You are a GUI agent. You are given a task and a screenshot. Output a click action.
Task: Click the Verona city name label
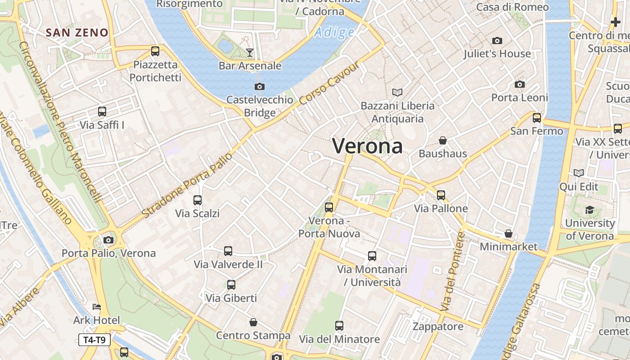[367, 146]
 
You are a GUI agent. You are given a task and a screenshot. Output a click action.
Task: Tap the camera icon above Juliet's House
[497, 40]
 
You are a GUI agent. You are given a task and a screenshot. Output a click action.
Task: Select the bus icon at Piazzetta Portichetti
[155, 51]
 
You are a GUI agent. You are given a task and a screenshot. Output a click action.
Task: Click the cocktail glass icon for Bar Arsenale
[250, 53]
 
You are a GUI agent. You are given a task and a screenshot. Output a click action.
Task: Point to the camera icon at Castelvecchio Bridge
[260, 86]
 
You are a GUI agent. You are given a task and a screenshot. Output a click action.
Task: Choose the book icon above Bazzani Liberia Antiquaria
[397, 92]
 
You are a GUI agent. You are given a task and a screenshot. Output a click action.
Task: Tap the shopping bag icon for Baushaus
[443, 140]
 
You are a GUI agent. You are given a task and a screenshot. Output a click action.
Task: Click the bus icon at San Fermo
[537, 118]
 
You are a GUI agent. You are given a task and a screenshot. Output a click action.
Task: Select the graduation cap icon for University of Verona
[589, 210]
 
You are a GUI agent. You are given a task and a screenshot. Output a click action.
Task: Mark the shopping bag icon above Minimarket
[508, 234]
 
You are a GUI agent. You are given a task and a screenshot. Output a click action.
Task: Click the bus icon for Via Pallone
[441, 195]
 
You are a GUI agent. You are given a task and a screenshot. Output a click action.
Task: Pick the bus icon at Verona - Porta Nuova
[329, 207]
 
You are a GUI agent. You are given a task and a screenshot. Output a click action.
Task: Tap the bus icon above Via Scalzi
[198, 200]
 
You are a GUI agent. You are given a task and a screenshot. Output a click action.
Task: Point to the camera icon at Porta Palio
[108, 240]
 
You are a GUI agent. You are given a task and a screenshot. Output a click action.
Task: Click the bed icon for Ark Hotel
[97, 307]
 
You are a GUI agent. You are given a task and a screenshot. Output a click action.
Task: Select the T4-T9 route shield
[94, 340]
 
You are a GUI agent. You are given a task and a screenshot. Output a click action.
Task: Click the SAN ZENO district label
[77, 32]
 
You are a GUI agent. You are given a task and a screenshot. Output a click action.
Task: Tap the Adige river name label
[334, 32]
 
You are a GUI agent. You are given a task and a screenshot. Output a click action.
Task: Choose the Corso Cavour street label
[329, 83]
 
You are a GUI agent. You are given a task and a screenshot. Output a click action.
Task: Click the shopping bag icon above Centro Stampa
[253, 322]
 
